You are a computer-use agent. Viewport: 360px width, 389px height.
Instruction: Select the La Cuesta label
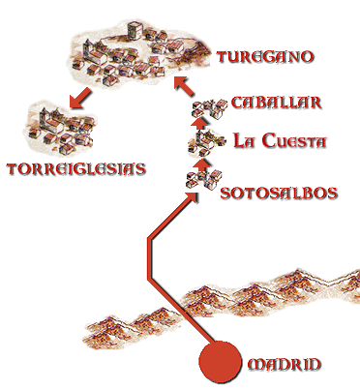(x=281, y=141)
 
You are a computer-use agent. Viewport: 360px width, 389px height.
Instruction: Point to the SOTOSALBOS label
(x=279, y=193)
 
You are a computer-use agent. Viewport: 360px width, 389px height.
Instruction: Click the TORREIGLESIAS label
(x=75, y=168)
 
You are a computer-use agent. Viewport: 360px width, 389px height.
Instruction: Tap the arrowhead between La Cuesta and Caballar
(x=200, y=123)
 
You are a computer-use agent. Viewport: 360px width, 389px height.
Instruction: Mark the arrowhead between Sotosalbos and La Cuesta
(x=202, y=163)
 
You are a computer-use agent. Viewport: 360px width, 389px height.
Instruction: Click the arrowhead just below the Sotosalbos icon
(x=200, y=196)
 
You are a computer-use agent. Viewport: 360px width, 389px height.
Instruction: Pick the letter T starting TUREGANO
(x=224, y=57)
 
